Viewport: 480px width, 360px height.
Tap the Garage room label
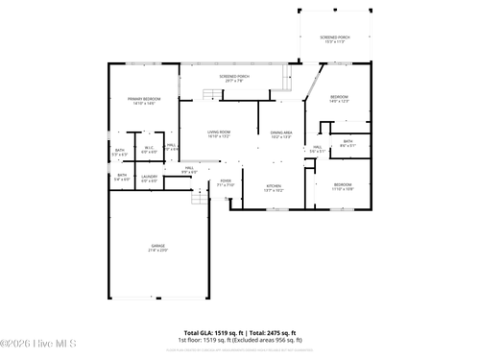158,248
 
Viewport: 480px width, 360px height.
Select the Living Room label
219,133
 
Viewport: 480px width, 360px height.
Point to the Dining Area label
281,134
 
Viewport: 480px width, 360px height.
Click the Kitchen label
274,187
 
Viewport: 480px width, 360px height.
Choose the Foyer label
226,181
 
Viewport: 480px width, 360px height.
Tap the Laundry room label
149,178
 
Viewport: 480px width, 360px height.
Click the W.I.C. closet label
149,150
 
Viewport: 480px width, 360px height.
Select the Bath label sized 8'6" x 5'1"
348,143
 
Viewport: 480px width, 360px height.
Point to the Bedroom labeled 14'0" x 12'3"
340,99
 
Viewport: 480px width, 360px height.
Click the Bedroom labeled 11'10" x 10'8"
343,186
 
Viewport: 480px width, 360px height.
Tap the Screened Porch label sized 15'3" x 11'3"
335,39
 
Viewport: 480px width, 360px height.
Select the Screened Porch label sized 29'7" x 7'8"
234,78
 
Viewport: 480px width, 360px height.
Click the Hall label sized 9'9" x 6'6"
190,170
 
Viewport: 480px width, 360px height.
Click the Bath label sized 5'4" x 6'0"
121,178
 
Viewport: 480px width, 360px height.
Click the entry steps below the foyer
200,198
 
